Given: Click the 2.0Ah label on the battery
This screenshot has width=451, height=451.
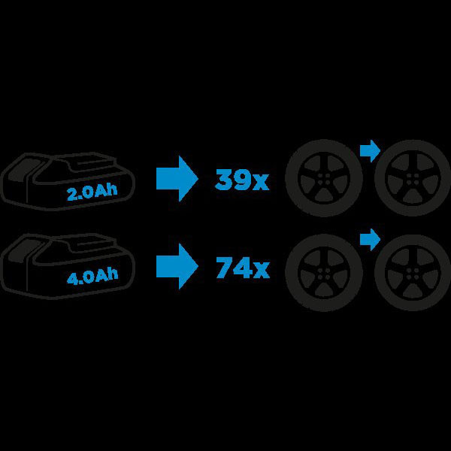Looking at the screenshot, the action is [x=92, y=192].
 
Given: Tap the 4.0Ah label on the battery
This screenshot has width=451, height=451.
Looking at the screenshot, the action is [x=92, y=277].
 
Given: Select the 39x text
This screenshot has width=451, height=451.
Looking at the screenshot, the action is [x=242, y=180].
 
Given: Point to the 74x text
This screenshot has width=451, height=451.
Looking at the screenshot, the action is [x=243, y=268].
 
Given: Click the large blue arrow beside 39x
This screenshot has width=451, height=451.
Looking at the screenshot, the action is [x=177, y=179].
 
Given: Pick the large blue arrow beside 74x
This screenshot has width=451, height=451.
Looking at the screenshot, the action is [x=177, y=266].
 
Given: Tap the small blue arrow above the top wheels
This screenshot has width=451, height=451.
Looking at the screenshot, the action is [x=370, y=151].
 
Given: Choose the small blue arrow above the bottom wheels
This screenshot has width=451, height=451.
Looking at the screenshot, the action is [x=370, y=239].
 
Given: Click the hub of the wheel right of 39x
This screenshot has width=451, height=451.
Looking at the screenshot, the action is [x=324, y=177].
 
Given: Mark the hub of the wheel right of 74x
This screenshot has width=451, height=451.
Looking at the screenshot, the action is [x=324, y=273].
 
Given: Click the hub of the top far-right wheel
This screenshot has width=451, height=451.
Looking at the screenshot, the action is [x=413, y=178].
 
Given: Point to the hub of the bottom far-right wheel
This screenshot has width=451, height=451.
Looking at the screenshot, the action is [x=413, y=273].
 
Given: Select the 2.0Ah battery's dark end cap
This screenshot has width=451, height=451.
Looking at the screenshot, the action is [x=23, y=170].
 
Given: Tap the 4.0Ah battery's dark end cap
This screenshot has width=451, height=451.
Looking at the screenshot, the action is [x=23, y=251].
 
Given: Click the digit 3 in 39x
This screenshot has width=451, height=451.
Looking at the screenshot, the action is [x=224, y=180].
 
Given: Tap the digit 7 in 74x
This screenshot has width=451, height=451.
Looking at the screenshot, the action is [x=225, y=268].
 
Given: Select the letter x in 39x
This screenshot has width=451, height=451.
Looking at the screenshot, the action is [x=261, y=183].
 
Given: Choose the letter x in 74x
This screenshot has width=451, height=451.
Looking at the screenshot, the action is [x=262, y=271].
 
